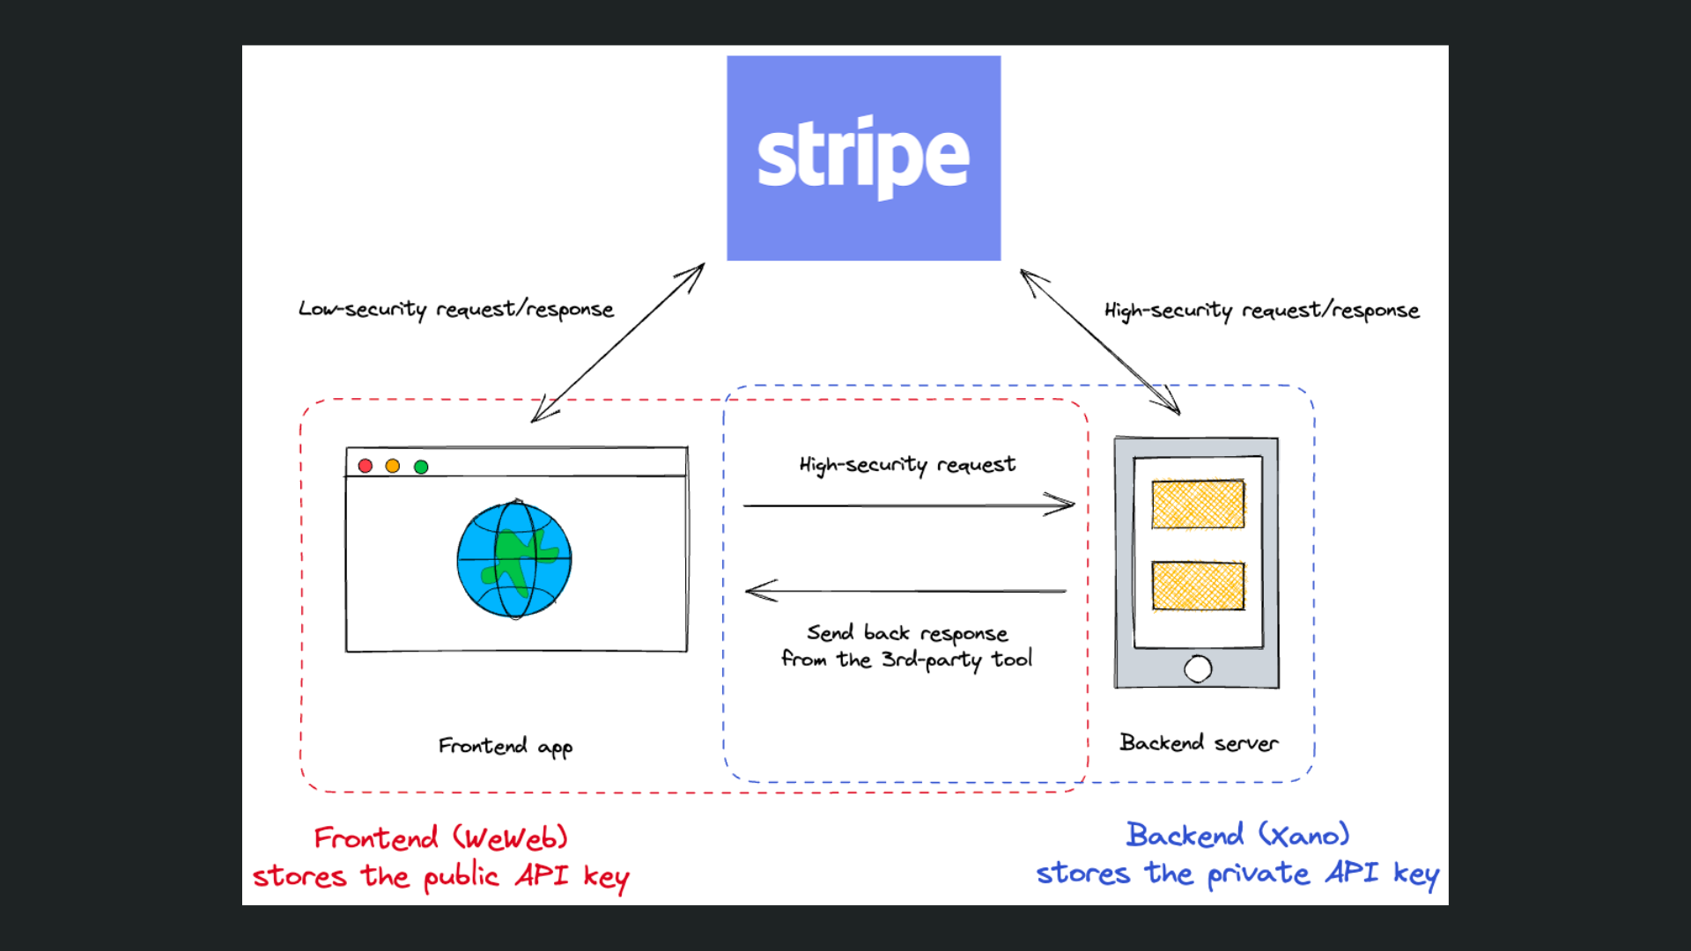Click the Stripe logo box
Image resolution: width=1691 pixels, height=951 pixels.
[x=863, y=158]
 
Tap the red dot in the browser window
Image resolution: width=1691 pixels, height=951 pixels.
[x=366, y=466]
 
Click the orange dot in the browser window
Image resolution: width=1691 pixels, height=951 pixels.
[x=393, y=466]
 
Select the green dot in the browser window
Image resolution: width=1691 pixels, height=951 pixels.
[x=421, y=467]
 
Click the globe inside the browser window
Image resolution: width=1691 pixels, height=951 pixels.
[x=514, y=560]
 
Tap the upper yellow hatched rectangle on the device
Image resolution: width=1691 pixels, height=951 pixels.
[x=1198, y=504]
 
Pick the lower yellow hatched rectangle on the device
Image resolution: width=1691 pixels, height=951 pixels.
[x=1198, y=586]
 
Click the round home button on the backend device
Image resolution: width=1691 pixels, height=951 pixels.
[x=1198, y=669]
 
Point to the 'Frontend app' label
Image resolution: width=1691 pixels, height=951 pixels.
[x=506, y=747]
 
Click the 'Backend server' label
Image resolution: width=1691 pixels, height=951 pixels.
[x=1199, y=743]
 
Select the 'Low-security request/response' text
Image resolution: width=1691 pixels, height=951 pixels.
[x=456, y=309]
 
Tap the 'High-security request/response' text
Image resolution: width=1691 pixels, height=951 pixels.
[x=1261, y=311]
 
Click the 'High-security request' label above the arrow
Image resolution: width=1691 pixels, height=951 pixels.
[x=907, y=465]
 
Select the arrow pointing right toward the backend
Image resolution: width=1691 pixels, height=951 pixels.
[x=907, y=505]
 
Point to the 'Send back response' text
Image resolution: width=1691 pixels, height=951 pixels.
[x=907, y=633]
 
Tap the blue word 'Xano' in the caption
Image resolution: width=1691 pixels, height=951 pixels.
[x=1304, y=835]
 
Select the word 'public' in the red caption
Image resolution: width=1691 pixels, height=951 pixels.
[x=461, y=877]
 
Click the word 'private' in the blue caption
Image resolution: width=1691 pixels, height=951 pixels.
[x=1259, y=874]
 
